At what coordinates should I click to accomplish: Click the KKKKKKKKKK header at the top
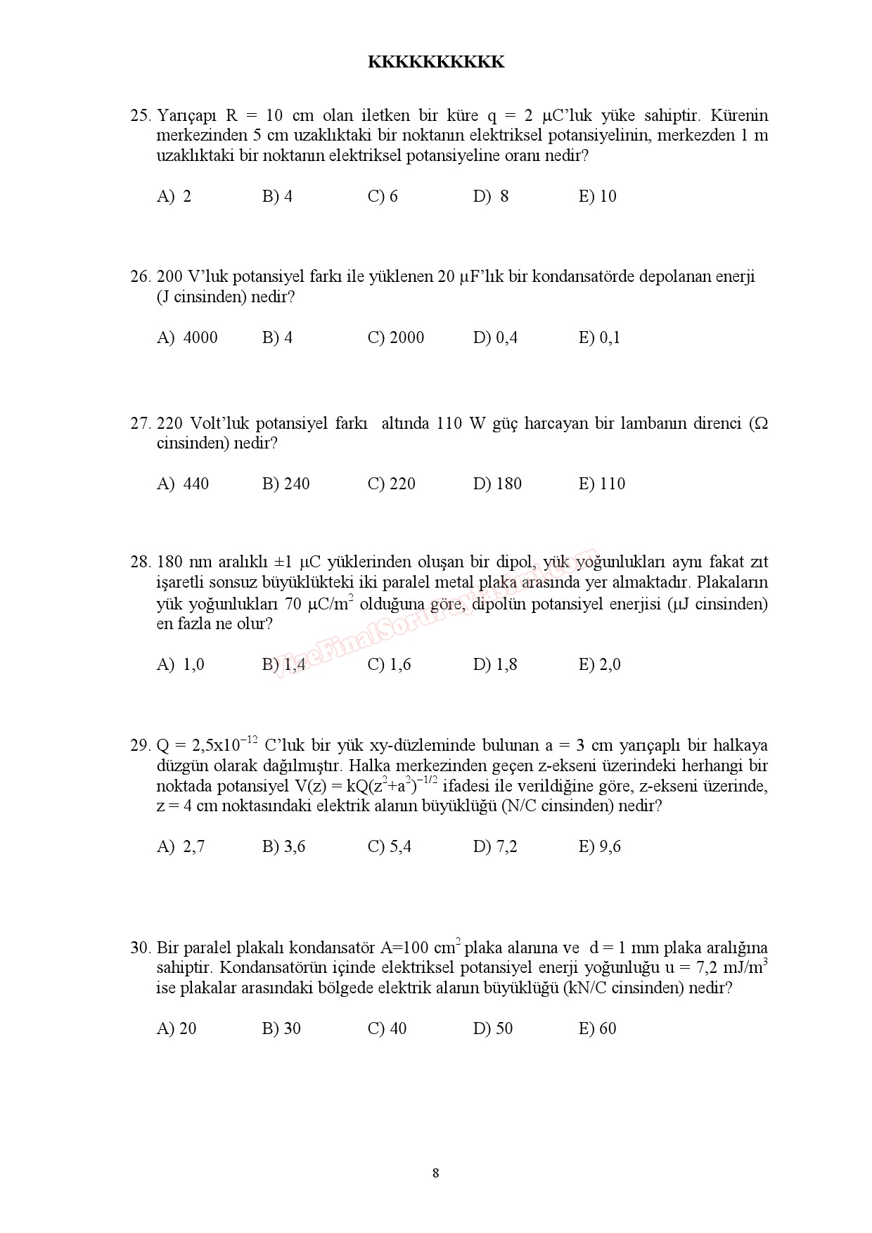[436, 63]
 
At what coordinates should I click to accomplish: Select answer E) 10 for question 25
[597, 197]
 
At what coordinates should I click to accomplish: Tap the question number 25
[141, 115]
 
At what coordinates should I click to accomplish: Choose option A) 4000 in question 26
[187, 338]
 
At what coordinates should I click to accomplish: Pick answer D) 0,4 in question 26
[495, 338]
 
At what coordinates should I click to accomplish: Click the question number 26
[141, 277]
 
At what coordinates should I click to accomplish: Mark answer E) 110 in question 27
[601, 484]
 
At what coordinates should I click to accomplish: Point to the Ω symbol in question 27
[759, 424]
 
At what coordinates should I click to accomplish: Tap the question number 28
[141, 562]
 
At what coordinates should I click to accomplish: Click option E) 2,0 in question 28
[599, 665]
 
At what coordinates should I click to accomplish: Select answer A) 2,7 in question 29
[181, 847]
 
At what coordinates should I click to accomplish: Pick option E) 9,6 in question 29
[599, 847]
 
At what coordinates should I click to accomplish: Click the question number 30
[141, 948]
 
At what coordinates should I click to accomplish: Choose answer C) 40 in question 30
[387, 1029]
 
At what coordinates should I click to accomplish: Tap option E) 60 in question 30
[597, 1029]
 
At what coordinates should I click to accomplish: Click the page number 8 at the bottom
[436, 1173]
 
